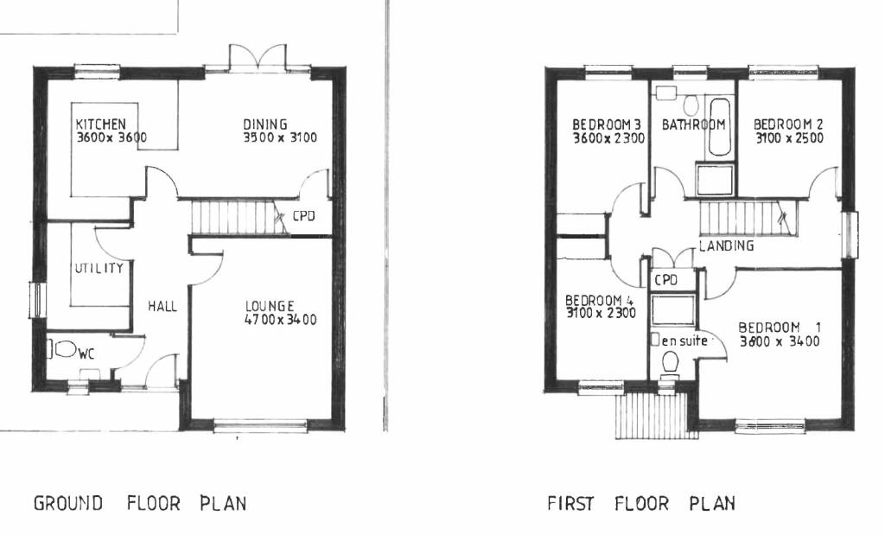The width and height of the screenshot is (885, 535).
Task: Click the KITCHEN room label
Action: [101, 124]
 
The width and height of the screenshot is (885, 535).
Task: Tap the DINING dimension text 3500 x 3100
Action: [279, 137]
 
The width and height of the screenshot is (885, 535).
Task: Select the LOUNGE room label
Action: [270, 306]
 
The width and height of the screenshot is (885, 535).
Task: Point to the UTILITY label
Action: [99, 268]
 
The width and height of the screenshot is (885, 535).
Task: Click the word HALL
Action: [162, 306]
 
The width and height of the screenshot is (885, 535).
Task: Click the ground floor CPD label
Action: [302, 216]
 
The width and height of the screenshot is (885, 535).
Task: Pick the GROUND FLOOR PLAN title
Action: [140, 503]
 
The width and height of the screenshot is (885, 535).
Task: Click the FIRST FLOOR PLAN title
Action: [640, 503]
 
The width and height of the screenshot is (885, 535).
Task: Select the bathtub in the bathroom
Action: [719, 130]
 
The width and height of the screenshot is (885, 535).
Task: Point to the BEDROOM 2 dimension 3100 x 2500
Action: [788, 138]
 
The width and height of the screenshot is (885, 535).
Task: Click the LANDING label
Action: [726, 246]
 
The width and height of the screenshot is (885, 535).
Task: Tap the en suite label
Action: [685, 341]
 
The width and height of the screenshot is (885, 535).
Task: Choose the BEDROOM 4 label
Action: [600, 301]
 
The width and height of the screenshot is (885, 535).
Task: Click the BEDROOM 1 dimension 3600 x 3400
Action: [779, 341]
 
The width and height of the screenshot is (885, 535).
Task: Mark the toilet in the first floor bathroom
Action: [690, 105]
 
